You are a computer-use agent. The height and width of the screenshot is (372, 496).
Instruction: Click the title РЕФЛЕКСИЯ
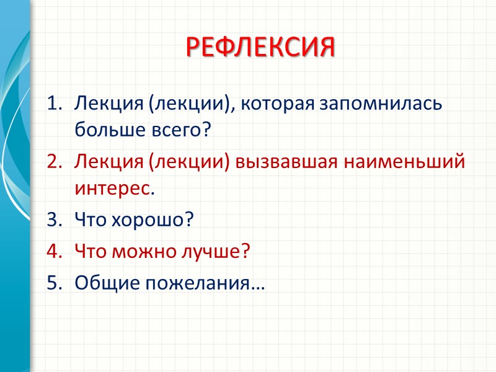(260, 46)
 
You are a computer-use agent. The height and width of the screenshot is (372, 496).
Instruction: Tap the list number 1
(55, 103)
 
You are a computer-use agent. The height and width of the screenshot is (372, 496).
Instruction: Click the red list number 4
(55, 252)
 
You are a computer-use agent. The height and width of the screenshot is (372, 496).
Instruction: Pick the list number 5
(55, 283)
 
